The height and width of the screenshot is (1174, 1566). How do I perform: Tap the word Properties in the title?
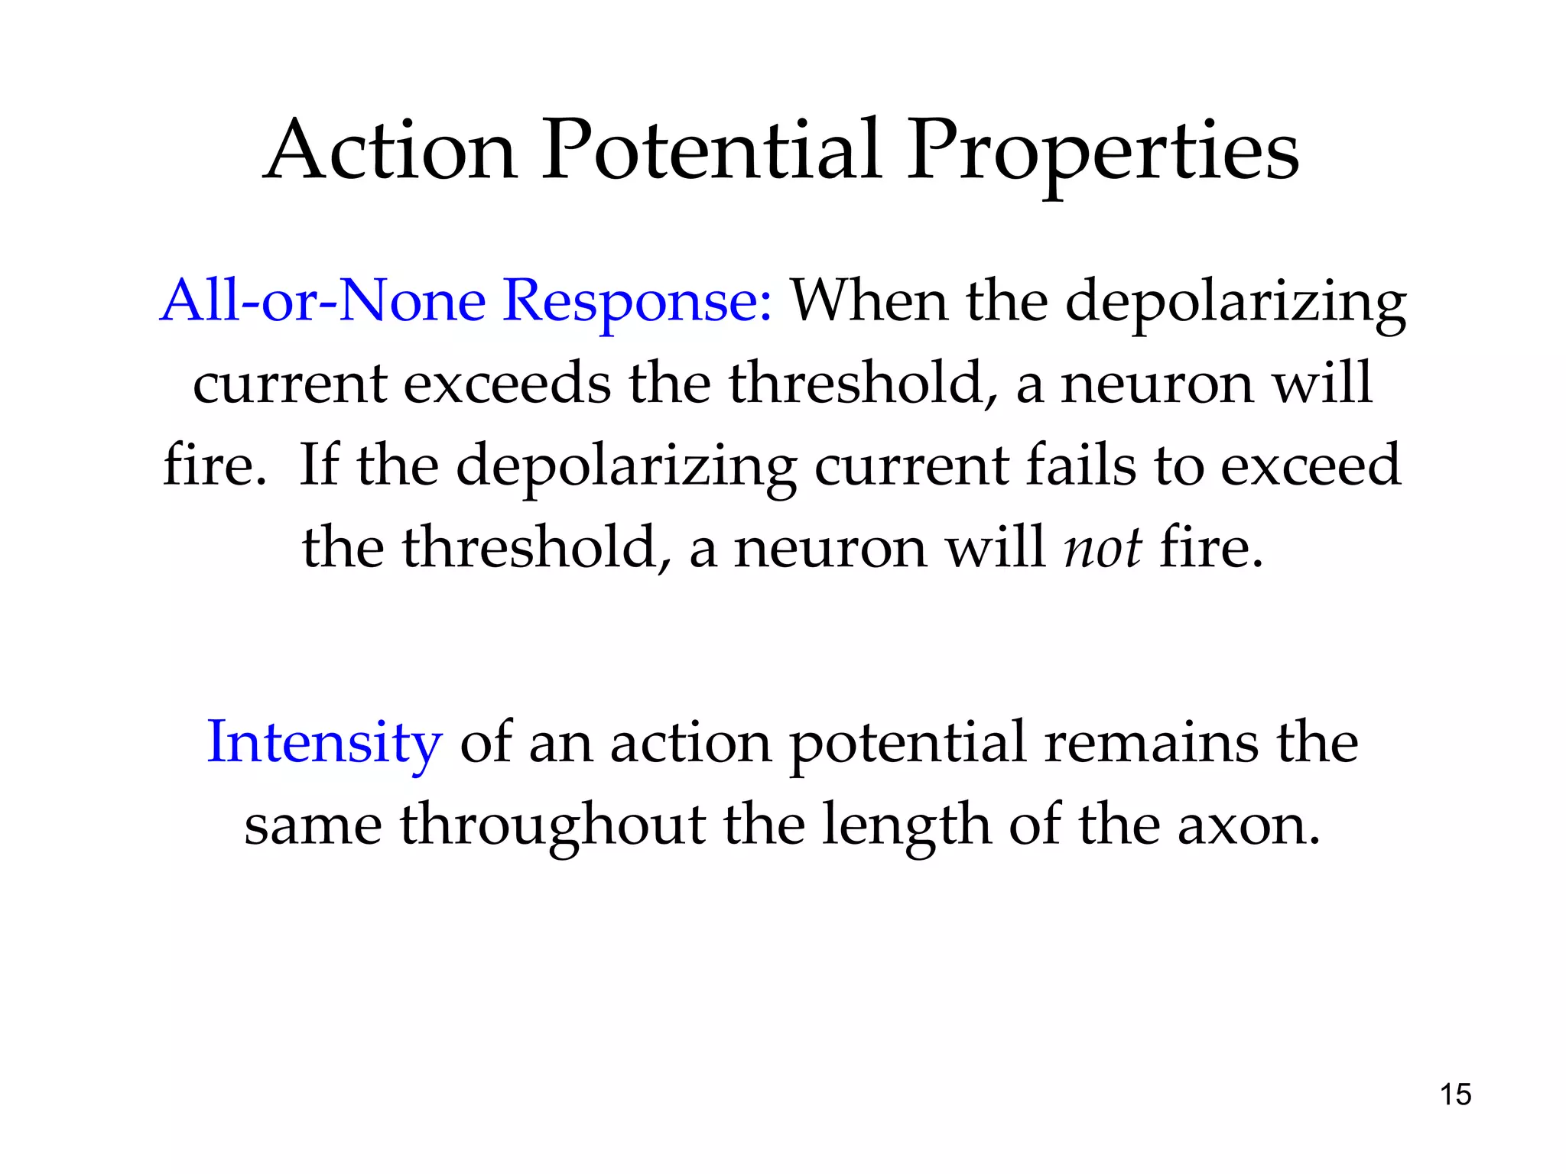[1103, 153]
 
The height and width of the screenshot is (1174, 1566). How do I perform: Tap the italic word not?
[1103, 548]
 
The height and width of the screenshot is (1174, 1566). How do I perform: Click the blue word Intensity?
[324, 743]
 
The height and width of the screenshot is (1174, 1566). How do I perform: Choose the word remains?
[1151, 742]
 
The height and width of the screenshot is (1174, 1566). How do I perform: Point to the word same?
[313, 825]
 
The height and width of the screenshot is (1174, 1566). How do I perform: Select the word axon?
[1248, 826]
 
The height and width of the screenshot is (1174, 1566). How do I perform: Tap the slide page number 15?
[1455, 1095]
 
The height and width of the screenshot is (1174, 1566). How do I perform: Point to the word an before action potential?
[560, 744]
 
